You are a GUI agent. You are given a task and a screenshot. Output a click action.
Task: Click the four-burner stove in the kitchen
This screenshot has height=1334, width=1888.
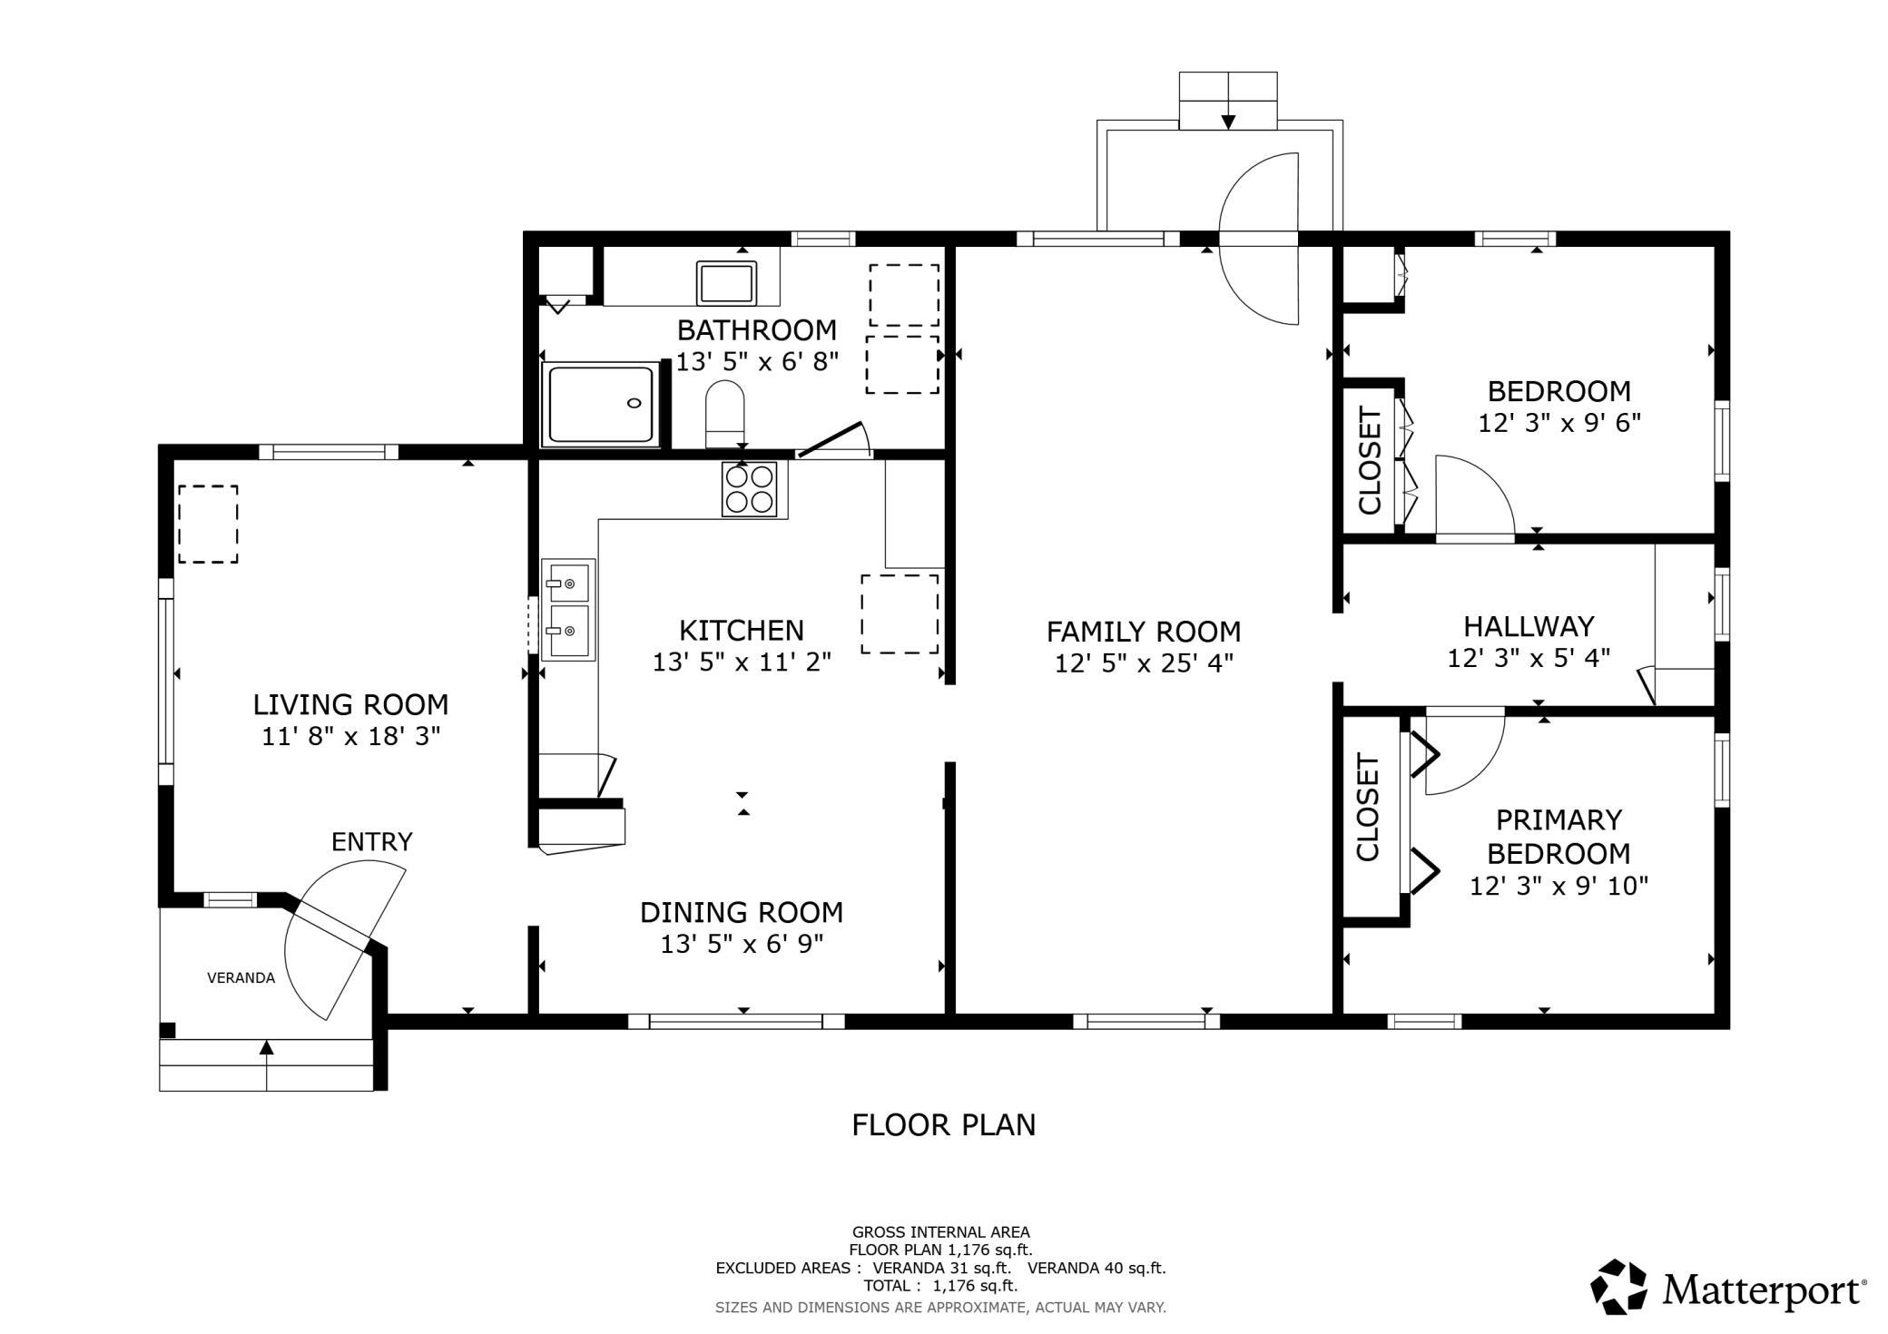(x=749, y=489)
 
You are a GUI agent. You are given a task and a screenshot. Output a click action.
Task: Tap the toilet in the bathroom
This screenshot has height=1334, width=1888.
(x=724, y=413)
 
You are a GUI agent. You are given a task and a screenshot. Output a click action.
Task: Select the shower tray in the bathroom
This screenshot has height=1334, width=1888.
(x=600, y=404)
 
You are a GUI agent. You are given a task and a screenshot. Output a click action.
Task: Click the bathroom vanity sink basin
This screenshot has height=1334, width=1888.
(x=725, y=282)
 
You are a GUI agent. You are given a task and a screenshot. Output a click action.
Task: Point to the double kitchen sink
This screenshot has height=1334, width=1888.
(x=568, y=609)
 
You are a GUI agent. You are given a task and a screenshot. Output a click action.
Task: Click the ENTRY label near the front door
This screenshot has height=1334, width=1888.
(x=371, y=842)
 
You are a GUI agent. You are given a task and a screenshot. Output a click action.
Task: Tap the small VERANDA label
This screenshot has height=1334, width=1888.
(x=241, y=977)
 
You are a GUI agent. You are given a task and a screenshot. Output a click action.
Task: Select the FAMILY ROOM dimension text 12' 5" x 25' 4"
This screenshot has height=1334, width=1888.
(x=1144, y=663)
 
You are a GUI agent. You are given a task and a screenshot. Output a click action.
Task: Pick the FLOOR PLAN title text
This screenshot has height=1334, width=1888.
(x=943, y=1125)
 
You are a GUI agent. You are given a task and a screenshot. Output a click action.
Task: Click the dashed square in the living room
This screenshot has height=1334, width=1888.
(x=208, y=524)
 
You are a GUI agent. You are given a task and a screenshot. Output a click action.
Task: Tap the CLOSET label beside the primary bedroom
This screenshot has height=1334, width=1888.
(x=1367, y=807)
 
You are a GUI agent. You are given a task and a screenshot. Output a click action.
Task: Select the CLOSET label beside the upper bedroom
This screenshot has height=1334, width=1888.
(x=1369, y=460)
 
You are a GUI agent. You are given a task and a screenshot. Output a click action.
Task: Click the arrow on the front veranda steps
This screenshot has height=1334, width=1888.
(x=266, y=1048)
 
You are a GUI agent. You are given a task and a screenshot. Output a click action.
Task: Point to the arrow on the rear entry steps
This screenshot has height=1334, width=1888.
(x=1228, y=120)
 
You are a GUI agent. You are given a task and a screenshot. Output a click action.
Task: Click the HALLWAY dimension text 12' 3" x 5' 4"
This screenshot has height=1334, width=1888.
(x=1529, y=657)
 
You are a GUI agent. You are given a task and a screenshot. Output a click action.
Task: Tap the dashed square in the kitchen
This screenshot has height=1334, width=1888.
(x=899, y=613)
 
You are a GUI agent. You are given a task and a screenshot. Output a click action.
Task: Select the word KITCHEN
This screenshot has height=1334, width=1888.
(x=741, y=630)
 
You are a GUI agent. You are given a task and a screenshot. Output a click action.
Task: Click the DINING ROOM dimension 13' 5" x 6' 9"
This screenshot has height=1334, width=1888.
(x=741, y=945)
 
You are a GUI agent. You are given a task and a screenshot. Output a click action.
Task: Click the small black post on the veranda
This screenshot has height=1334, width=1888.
(x=167, y=1030)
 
